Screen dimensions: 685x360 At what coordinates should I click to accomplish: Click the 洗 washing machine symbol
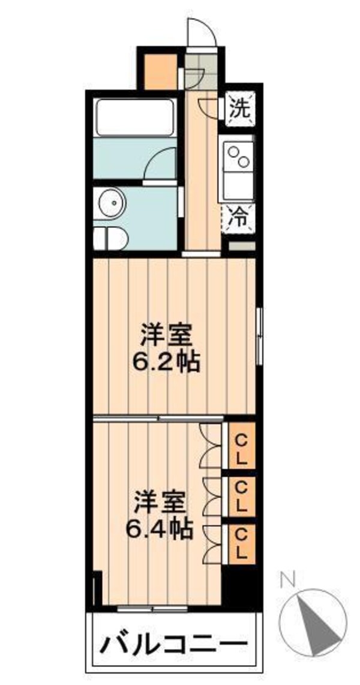tap(239, 109)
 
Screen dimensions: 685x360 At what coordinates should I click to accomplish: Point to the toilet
tap(110, 238)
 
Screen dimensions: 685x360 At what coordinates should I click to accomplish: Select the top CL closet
tap(241, 446)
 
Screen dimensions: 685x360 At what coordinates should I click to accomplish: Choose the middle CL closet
tap(241, 496)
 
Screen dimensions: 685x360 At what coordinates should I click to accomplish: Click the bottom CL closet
tap(241, 543)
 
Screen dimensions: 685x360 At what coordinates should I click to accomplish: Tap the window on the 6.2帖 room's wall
tap(259, 336)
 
